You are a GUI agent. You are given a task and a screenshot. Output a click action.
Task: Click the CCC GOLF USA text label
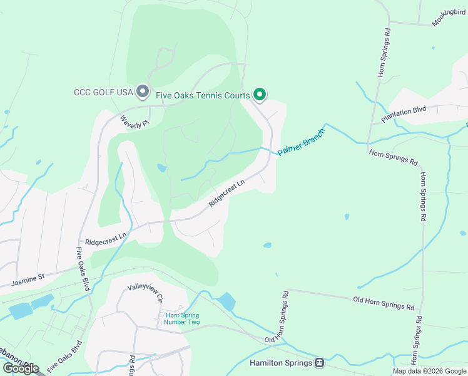(x=104, y=92)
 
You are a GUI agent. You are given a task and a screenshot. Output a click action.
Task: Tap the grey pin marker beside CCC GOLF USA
(x=143, y=91)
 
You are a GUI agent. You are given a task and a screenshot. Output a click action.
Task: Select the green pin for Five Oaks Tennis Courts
(x=260, y=94)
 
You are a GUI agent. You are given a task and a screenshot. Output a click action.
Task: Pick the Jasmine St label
(x=28, y=279)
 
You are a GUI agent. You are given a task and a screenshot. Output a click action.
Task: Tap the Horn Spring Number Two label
(x=182, y=318)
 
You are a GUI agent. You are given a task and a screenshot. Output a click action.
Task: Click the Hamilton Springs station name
(x=281, y=363)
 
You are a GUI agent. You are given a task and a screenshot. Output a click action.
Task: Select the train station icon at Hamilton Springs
(x=320, y=363)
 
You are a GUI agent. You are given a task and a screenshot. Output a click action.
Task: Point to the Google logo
(x=20, y=368)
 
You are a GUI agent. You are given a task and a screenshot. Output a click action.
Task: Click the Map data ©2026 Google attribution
(x=429, y=371)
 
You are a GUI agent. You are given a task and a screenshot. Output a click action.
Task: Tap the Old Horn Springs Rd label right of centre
(x=384, y=304)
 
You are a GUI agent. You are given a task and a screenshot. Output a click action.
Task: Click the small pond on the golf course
(x=162, y=168)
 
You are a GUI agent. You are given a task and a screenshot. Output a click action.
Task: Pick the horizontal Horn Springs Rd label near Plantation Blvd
(x=393, y=157)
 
